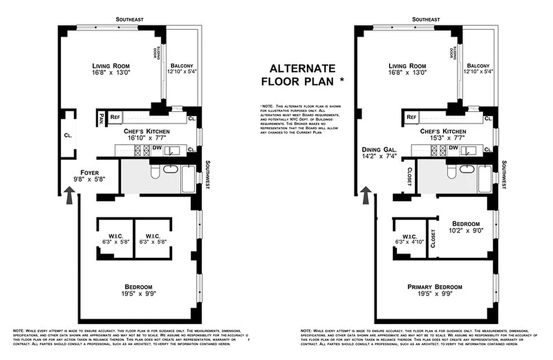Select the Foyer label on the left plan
[x=89, y=173]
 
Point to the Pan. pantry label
[x=101, y=118]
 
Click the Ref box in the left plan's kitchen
[x=115, y=117]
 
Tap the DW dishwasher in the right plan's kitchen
[x=453, y=148]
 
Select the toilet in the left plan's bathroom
[x=155, y=171]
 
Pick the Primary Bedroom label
[x=435, y=287]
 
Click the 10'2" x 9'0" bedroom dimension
[x=466, y=231]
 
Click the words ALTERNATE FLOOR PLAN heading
[x=302, y=75]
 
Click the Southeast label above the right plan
[x=426, y=19]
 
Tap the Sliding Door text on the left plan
[x=156, y=53]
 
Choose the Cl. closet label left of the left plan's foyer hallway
[x=67, y=135]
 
